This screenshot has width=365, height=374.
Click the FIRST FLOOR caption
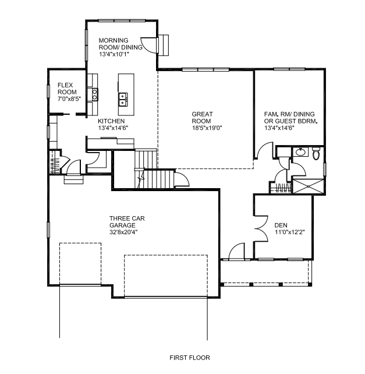click(x=190, y=358)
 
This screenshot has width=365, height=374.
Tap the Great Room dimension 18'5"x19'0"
click(x=207, y=128)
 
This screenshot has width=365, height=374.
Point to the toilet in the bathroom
click(x=316, y=153)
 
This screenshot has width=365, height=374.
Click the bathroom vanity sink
click(x=300, y=151)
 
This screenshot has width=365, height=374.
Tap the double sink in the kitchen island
click(x=123, y=100)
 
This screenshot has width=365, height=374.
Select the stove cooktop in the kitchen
click(x=95, y=94)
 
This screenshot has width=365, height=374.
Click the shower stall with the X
click(x=308, y=186)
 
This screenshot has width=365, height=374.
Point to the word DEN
click(x=281, y=225)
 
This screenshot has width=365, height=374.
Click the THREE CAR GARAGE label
click(x=127, y=222)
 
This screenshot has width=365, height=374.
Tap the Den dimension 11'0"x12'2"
click(x=290, y=232)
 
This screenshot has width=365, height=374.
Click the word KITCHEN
click(x=111, y=121)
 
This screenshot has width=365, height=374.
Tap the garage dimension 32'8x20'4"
click(x=123, y=232)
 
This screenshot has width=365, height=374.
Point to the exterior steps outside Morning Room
click(x=164, y=45)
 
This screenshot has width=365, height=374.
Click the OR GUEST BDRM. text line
click(x=290, y=121)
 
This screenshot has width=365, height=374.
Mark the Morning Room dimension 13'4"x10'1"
click(x=114, y=54)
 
